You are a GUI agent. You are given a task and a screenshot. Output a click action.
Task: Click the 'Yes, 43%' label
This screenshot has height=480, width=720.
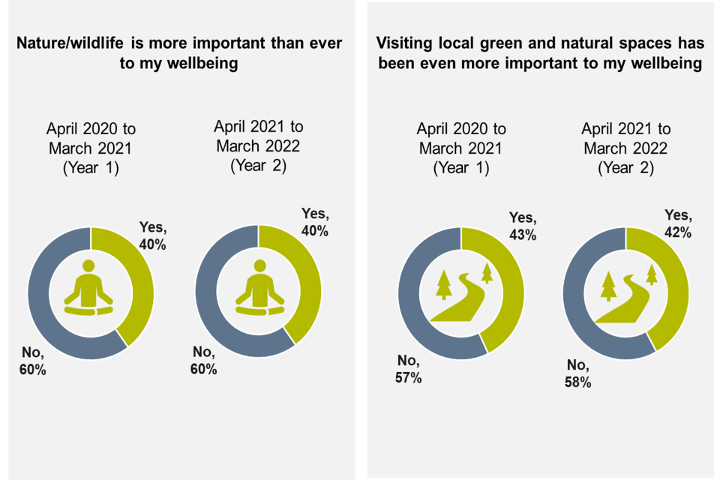coord(523,226)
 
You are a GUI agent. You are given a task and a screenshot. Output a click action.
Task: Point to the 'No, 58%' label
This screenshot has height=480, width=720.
coord(579,373)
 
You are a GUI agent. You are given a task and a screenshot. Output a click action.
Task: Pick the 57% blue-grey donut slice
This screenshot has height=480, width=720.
coord(417,300)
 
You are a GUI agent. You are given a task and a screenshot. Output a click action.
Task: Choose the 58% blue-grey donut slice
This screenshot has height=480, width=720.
coord(581,300)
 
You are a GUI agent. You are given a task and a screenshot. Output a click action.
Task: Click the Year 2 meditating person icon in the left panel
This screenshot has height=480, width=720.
coord(259,287)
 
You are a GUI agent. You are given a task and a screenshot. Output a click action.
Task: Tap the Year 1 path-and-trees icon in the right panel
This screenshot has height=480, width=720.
coord(461,292)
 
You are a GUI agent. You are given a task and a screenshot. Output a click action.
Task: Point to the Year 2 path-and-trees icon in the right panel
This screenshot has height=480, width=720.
coord(626,292)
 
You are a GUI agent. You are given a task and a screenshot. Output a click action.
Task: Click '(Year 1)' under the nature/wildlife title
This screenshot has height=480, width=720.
coord(91,167)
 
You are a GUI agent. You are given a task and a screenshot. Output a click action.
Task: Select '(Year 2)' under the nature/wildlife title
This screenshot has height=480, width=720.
coord(259,164)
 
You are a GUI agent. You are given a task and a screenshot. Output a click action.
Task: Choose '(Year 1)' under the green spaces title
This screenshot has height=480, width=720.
coord(461,167)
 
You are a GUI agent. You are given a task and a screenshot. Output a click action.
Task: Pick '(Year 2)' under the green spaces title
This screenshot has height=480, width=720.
coord(626,167)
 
